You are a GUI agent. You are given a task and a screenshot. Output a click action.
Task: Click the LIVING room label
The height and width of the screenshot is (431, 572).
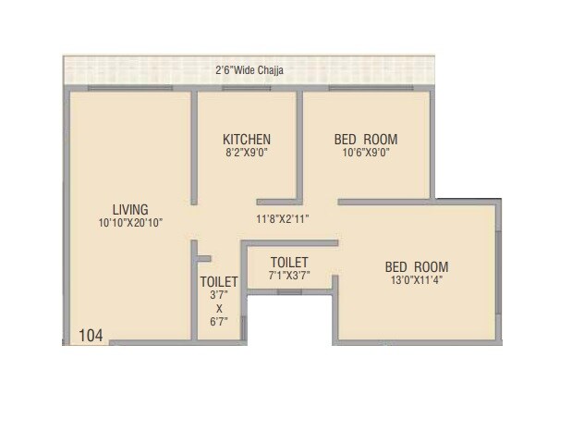click(130, 209)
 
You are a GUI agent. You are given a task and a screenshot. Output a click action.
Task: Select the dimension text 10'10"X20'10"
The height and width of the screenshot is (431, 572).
click(130, 223)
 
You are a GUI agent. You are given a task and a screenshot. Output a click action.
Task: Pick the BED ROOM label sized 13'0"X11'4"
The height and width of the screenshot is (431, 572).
click(417, 267)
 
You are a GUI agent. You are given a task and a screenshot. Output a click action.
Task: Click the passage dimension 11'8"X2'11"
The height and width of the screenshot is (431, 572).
click(282, 219)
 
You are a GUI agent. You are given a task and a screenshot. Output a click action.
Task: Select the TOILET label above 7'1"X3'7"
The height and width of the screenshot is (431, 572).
click(289, 263)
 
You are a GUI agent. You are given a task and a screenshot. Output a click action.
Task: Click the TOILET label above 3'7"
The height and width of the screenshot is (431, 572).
click(219, 281)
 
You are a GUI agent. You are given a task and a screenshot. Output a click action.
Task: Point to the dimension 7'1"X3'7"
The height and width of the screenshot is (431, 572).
click(289, 277)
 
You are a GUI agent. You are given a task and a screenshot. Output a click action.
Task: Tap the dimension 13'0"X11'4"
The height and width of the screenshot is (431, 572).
click(417, 281)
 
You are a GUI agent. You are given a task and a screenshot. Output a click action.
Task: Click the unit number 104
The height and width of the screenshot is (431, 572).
click(91, 334)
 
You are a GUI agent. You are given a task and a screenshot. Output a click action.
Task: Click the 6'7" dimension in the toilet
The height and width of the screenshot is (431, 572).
click(219, 321)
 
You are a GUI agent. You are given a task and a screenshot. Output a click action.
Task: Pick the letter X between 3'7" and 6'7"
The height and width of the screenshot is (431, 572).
click(219, 308)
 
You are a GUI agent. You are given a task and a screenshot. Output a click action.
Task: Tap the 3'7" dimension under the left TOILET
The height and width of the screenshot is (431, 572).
click(219, 295)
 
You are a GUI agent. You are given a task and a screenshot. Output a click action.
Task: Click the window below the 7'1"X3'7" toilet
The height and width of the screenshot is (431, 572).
click(290, 292)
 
